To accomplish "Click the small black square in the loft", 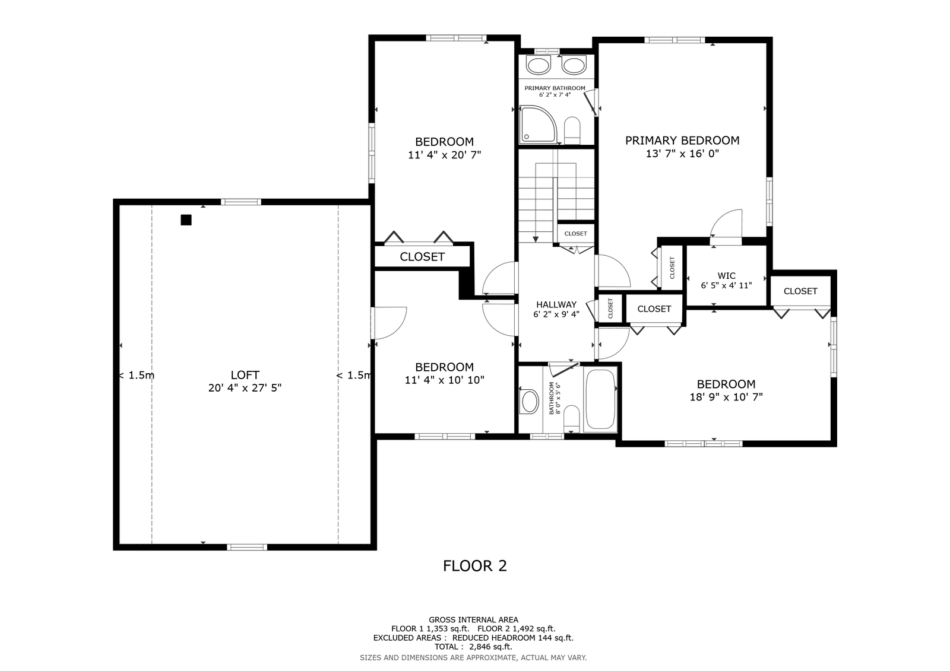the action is pos(186,220).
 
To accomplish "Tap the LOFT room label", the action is pos(245,375).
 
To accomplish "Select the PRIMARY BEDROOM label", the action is pos(682,140).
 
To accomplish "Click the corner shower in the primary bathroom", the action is pos(538,124).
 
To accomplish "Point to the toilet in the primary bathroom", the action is pos(572,131).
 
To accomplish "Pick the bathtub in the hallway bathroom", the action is pos(600,399).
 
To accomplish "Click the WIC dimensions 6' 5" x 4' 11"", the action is pos(726,286).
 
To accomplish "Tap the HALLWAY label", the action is pos(556,304).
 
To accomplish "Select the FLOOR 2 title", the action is pos(474,566).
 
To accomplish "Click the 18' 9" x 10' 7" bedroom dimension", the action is pos(726,397).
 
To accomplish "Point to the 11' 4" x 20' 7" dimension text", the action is pos(444,155).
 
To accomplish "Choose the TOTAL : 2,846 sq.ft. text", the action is pos(473,647).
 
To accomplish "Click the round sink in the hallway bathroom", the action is pos(530,402).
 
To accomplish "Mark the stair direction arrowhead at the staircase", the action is pos(535,240).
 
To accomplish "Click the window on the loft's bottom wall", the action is pos(247,547).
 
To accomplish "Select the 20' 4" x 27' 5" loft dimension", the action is pos(245,388).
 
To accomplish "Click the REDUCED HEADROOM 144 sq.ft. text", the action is pos(513,638).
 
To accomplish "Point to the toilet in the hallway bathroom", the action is pos(572,418).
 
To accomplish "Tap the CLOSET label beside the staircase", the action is pos(575,234).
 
